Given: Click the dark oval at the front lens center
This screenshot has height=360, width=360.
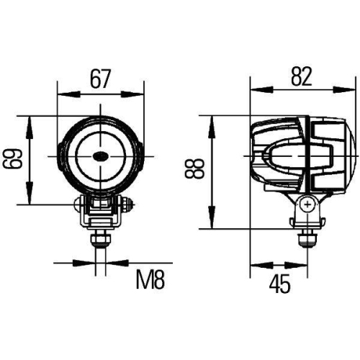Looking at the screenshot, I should click(x=100, y=156).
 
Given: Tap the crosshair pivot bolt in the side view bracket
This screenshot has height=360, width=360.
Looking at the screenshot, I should click(x=307, y=205).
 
